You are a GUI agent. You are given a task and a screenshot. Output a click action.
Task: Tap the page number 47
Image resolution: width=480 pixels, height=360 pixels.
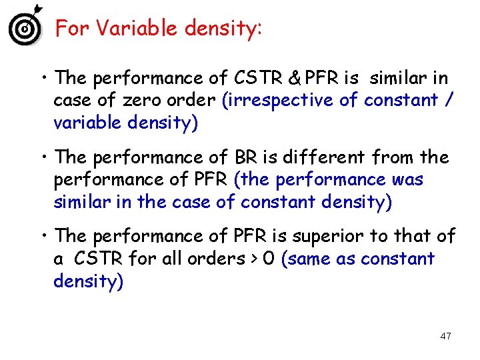coord(445,336)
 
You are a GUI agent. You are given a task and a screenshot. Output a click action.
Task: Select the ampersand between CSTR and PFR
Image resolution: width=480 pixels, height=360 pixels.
coord(294,79)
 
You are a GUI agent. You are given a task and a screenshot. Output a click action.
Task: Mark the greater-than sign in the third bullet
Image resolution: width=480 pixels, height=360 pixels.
coord(252,259)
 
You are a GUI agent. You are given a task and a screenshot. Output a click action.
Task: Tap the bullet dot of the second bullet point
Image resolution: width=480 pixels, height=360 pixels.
coord(43,158)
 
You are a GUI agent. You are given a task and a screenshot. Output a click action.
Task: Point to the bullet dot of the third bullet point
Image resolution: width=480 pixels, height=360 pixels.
coord(43,237)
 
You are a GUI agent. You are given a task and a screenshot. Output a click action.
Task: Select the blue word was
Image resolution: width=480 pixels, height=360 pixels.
coord(408,180)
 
